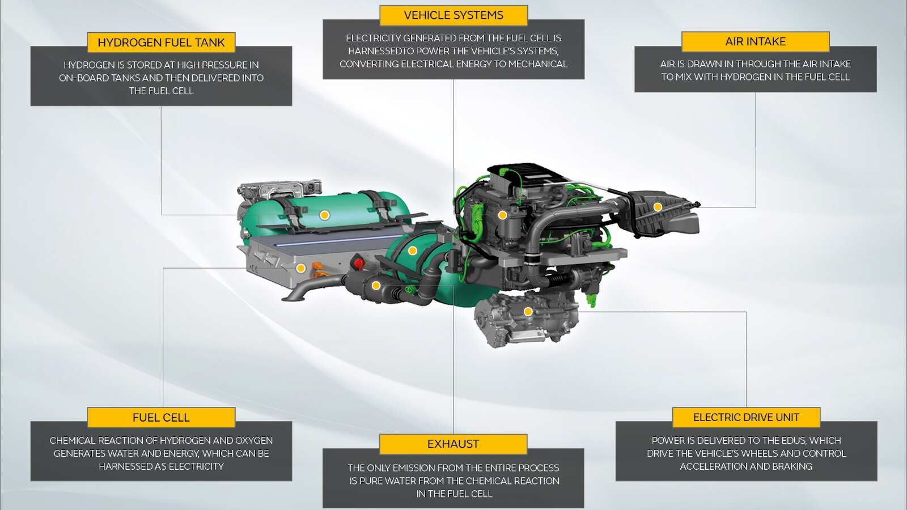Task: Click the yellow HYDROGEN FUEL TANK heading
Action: point(161,42)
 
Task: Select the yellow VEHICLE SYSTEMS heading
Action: point(453,15)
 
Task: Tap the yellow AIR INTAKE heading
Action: point(755,41)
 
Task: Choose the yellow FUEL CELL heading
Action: point(161,418)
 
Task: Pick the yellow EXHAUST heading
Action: point(453,444)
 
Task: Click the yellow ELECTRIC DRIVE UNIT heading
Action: point(746,418)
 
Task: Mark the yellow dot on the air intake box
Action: point(658,207)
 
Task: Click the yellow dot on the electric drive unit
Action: point(528,312)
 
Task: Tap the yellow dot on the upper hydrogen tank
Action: point(325,215)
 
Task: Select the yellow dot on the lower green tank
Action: point(413,250)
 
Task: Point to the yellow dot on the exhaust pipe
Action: point(376,286)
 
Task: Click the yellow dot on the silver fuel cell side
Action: point(301,268)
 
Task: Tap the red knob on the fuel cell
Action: point(358,262)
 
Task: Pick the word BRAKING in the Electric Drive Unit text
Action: point(789,466)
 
